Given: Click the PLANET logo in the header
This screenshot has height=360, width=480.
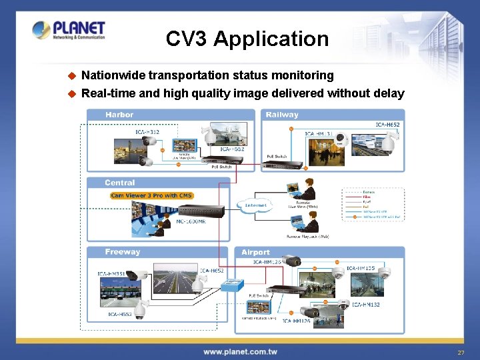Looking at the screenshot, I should (x=69, y=30).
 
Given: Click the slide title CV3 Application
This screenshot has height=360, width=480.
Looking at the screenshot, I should (x=247, y=39).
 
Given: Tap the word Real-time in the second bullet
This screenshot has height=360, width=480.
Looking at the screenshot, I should (x=109, y=93).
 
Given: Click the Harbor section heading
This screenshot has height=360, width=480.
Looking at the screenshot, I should (x=119, y=115).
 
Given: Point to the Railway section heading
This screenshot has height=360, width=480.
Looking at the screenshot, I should (x=282, y=115).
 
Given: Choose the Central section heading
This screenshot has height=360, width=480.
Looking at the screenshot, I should (x=120, y=183).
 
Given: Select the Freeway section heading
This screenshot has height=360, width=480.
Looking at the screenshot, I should (x=123, y=252).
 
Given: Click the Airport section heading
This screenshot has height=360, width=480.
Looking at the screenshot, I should (x=256, y=253).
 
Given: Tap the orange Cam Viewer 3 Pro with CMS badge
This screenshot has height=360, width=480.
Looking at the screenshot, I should (x=152, y=195).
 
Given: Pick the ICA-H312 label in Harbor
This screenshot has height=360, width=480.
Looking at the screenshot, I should (x=147, y=132).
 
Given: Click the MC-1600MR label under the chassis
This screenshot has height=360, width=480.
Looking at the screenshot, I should (x=191, y=221).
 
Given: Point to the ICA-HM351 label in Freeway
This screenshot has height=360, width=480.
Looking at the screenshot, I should (x=112, y=274).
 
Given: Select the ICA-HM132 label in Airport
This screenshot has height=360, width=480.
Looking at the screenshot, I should (x=366, y=305).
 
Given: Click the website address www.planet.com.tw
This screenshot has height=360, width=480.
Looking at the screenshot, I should (x=240, y=352).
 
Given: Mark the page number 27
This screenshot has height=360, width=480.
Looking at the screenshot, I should (x=460, y=352).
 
